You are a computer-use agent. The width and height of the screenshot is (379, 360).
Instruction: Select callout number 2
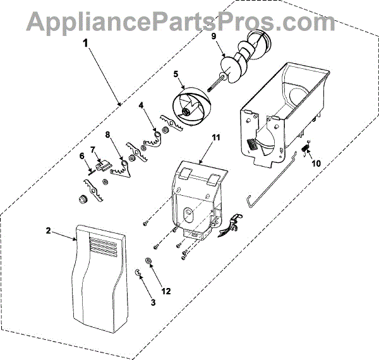click(x=49, y=231)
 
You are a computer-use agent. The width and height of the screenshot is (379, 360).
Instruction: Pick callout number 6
click(x=81, y=155)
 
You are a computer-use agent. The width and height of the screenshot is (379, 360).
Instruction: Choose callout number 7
click(x=92, y=150)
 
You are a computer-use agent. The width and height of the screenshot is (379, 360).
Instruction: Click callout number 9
click(x=214, y=36)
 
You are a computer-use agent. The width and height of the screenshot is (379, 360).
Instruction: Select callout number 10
click(x=316, y=162)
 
